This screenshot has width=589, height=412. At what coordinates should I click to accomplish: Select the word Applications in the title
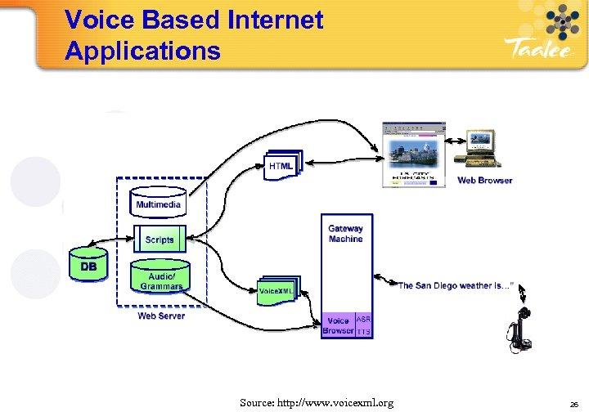[x=142, y=51]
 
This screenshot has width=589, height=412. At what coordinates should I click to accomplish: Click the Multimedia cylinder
[x=159, y=202]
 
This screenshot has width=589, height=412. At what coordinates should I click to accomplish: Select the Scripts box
[x=160, y=240]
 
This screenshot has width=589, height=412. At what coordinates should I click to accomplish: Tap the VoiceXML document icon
[x=277, y=290]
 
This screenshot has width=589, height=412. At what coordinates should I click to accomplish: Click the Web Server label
[x=161, y=316]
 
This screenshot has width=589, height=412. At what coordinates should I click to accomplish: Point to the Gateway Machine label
[x=345, y=234]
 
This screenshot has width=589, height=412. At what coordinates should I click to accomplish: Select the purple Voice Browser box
[x=338, y=325]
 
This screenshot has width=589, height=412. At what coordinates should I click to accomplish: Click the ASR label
[x=364, y=320]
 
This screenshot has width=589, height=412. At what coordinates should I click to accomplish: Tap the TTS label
[x=364, y=332]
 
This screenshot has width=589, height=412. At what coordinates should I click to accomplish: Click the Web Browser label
[x=484, y=181]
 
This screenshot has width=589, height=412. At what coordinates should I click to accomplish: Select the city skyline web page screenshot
[x=414, y=154]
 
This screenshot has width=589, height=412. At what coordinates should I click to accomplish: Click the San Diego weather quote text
[x=455, y=286]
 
